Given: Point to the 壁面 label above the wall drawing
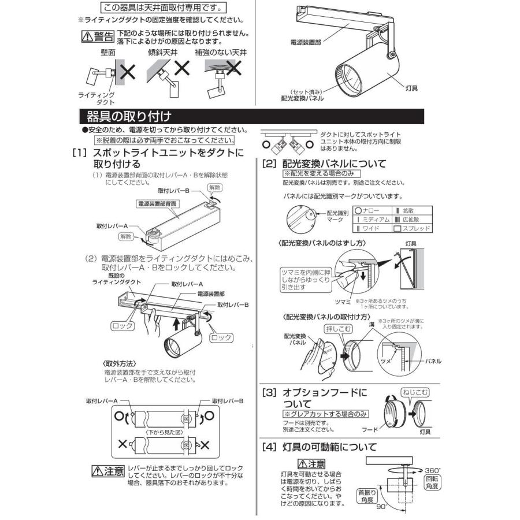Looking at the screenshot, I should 107,53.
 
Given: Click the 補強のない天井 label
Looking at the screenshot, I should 225,53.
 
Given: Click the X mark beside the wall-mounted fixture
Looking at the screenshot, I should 128,73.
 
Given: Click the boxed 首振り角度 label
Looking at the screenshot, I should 366,496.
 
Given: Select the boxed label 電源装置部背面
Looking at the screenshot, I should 157,204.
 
